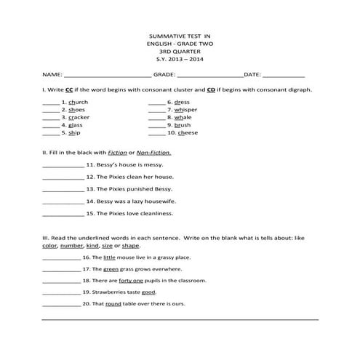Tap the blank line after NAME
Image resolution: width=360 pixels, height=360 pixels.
click(x=108, y=75)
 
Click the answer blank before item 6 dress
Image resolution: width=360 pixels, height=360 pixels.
click(x=156, y=103)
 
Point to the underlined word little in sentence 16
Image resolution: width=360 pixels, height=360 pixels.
click(x=109, y=257)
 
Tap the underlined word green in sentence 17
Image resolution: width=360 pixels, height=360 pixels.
click(x=111, y=268)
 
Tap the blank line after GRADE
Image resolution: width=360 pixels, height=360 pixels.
click(x=209, y=75)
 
